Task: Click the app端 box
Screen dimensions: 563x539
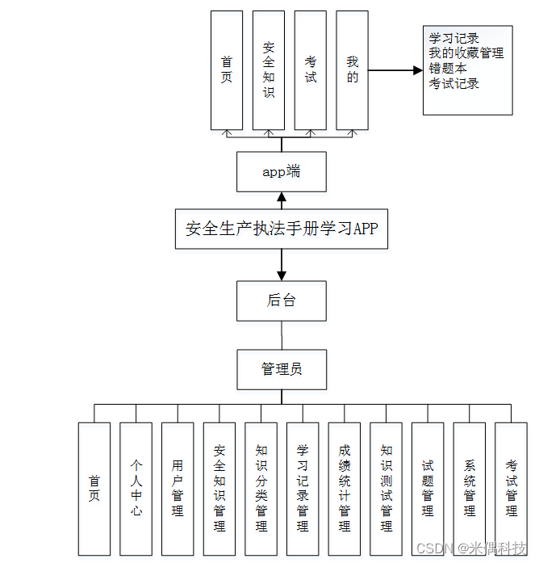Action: tap(282, 171)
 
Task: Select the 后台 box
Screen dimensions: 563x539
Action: tap(282, 300)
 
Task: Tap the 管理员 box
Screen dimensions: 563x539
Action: tap(282, 369)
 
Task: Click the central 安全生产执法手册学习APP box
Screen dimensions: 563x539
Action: tap(282, 229)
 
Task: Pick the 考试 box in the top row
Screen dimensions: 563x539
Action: tap(311, 70)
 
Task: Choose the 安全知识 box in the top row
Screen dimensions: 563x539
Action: tap(269, 70)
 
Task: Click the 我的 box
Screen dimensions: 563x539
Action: tap(353, 70)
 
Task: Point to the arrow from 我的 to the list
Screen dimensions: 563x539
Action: tap(395, 71)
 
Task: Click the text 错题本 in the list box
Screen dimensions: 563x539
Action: tap(448, 69)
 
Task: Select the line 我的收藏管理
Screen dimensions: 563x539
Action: tap(466, 53)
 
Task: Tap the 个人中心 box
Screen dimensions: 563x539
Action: tap(136, 489)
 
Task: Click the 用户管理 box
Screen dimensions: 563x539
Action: tap(178, 489)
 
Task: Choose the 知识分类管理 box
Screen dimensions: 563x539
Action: tap(261, 489)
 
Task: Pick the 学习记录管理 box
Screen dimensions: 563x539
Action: tap(303, 489)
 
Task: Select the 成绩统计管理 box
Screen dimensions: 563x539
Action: tap(345, 489)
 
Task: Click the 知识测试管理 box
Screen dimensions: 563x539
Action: tap(386, 489)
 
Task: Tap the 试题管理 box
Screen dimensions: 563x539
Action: tap(428, 489)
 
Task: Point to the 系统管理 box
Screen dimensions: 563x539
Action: tap(470, 489)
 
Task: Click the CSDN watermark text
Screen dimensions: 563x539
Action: tap(437, 548)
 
